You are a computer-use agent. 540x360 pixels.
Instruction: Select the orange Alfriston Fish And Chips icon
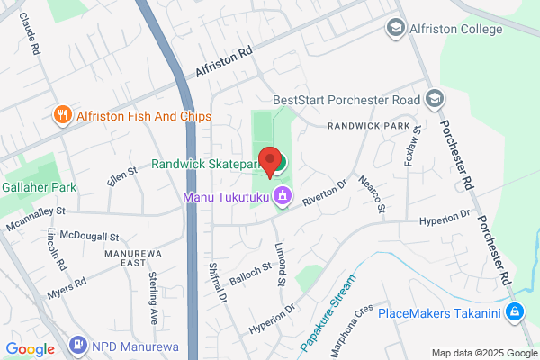62,115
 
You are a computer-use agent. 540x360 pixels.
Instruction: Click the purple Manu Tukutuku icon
283,195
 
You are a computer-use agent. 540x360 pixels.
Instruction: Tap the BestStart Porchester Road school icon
435,97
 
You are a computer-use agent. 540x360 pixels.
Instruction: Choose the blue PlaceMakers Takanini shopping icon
515,313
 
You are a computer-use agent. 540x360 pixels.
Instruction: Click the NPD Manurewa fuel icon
77,346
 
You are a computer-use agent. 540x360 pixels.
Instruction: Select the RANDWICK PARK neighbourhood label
369,126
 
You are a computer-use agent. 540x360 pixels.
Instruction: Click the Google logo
30,348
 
